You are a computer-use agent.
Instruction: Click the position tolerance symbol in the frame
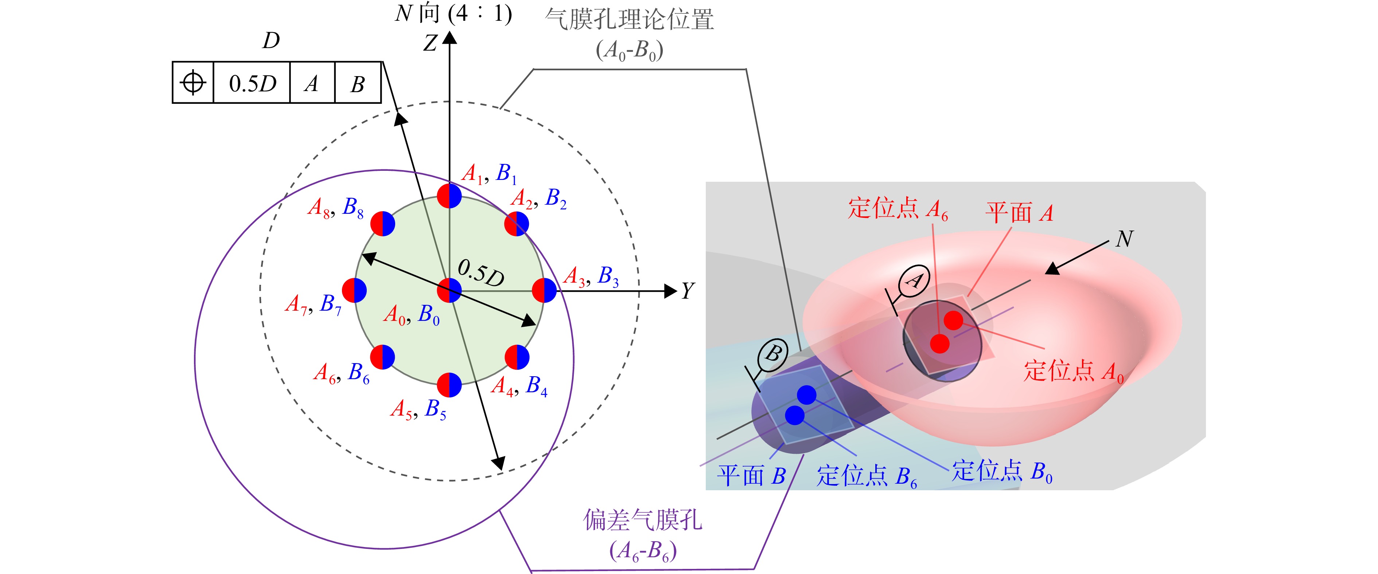(193, 83)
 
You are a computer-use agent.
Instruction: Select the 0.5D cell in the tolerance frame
(252, 83)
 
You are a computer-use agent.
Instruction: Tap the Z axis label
(430, 43)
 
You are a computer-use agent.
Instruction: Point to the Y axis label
(688, 291)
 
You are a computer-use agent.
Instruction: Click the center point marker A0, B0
(449, 291)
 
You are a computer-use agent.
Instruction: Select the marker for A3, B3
(545, 291)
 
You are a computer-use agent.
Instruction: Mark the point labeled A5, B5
(449, 385)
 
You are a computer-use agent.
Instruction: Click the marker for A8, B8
(382, 223)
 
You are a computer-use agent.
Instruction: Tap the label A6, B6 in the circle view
(341, 373)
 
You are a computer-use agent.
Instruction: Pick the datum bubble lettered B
(773, 355)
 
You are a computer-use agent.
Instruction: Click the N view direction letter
(1124, 239)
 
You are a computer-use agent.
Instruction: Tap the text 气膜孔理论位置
(629, 20)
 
